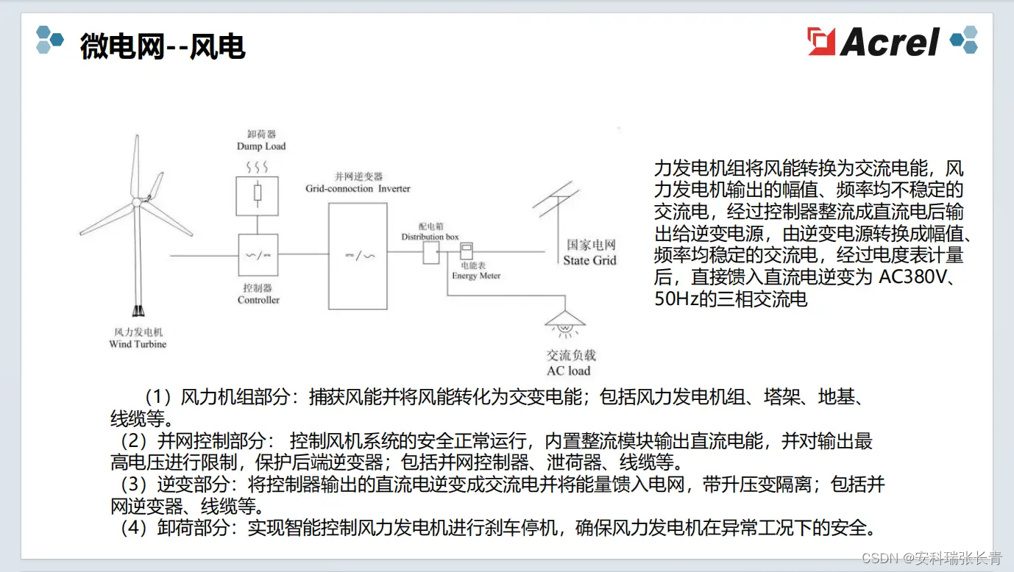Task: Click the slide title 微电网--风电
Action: [x=162, y=47]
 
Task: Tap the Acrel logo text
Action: [x=890, y=42]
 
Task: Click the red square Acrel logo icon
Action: [x=822, y=41]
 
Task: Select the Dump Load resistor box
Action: [x=257, y=195]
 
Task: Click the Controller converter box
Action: [x=258, y=255]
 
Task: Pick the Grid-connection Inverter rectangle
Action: [x=358, y=256]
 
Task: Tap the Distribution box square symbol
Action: [x=430, y=254]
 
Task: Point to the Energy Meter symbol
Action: [x=466, y=251]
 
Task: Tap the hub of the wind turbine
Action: [x=137, y=201]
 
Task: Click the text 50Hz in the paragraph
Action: [x=676, y=299]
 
